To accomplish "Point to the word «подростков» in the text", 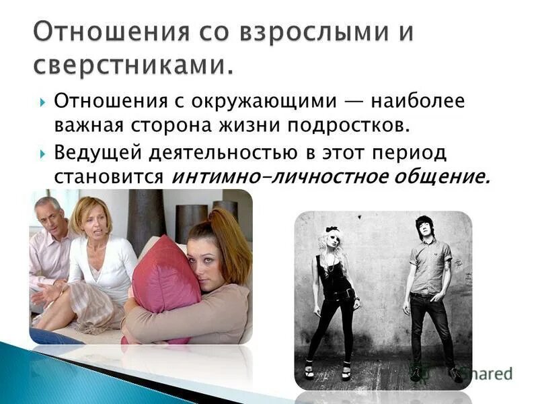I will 350,126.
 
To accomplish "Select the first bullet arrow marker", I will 42,102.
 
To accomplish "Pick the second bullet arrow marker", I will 42,154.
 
